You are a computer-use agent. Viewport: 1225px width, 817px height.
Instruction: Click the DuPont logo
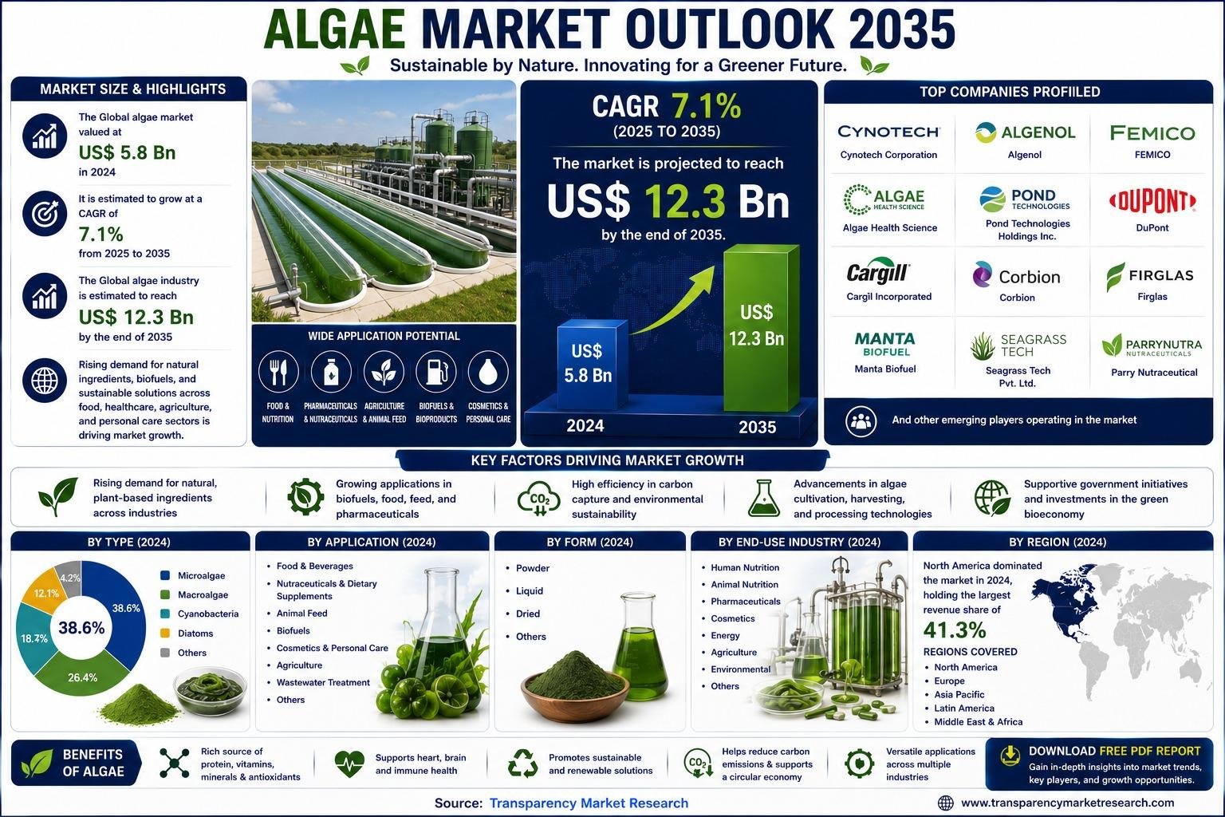tap(1152, 201)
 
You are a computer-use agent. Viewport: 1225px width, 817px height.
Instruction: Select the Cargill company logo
tap(878, 271)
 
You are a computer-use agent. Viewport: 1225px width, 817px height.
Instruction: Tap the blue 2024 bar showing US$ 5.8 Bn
tap(592, 364)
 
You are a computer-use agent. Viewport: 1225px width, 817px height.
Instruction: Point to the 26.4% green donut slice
tap(83, 675)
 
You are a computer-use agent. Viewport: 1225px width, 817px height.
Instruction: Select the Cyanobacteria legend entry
tap(199, 614)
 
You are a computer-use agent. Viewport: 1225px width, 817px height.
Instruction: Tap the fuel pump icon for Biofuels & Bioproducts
tap(436, 372)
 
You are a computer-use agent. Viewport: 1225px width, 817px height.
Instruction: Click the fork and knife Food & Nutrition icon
tap(278, 372)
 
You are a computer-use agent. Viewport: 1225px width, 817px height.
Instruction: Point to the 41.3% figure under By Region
tap(955, 630)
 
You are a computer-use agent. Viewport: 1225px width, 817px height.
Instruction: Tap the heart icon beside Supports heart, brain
tap(349, 763)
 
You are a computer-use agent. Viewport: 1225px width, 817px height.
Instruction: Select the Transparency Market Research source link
tap(589, 803)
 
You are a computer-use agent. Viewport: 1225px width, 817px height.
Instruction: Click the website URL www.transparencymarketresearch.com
tap(1068, 803)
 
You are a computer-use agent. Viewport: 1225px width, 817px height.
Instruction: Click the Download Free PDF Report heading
tap(1114, 751)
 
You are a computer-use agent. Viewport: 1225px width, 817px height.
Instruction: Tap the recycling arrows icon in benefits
tap(523, 764)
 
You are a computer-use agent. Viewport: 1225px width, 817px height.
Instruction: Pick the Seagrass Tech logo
tap(1018, 345)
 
